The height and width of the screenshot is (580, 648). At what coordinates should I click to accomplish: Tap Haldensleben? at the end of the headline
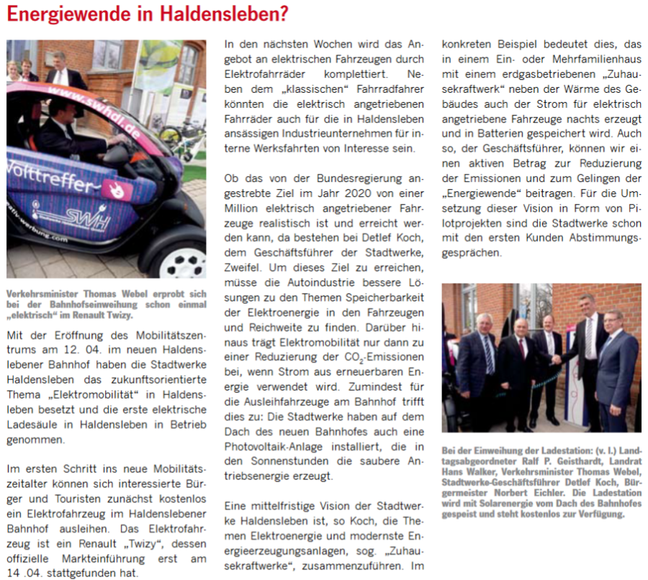[229, 14]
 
